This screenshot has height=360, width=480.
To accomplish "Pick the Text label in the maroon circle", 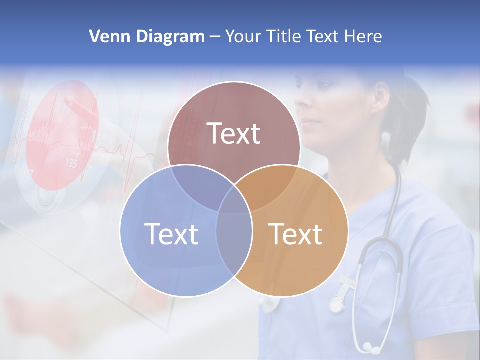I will pyautogui.click(x=234, y=134).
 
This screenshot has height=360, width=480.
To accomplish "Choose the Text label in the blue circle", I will pyautogui.click(x=171, y=234).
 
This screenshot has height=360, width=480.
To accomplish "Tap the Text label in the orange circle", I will pyautogui.click(x=296, y=234).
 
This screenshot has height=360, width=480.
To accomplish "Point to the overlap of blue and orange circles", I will pyautogui.click(x=234, y=240).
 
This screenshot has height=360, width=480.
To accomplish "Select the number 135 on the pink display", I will pyautogui.click(x=71, y=163).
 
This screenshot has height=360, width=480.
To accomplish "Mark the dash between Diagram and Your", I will pyautogui.click(x=215, y=37).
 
